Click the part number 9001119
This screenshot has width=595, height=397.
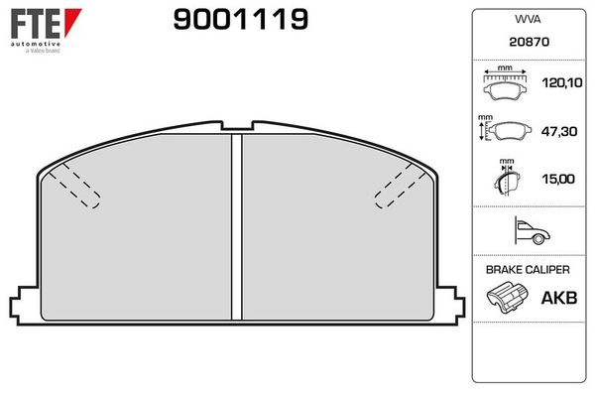pyautogui.click(x=240, y=20)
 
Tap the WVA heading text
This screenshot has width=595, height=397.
pyautogui.click(x=526, y=19)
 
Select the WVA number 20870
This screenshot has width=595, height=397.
pyautogui.click(x=526, y=44)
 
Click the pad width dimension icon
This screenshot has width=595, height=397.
pyautogui.click(x=505, y=85)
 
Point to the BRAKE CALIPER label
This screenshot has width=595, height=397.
pyautogui.click(x=527, y=270)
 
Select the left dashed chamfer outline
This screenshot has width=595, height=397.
pyautogui.click(x=76, y=188)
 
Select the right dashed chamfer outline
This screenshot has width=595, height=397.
pyautogui.click(x=399, y=188)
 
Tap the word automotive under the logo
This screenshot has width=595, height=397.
pyautogui.click(x=35, y=44)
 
